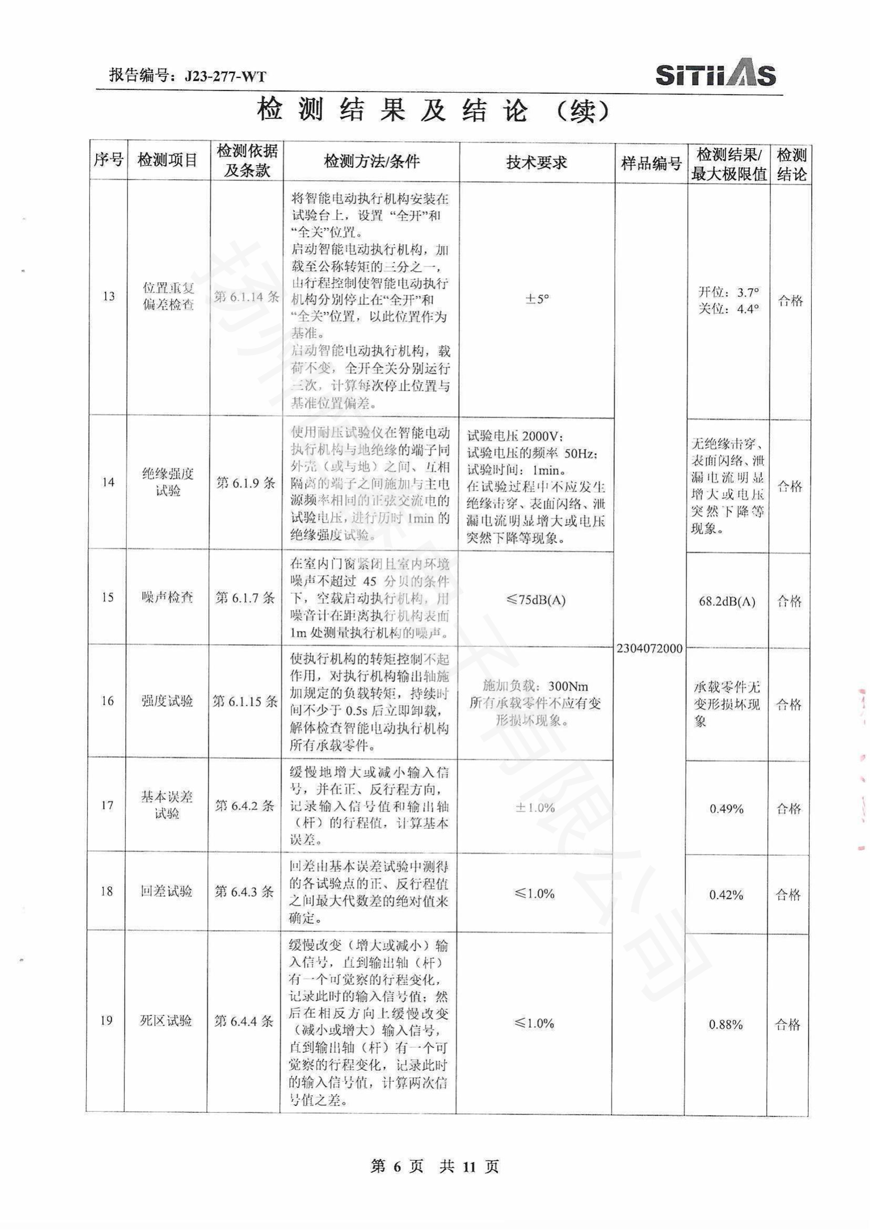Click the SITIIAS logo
coord(716,76)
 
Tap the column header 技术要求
coord(536,163)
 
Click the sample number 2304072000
coord(649,649)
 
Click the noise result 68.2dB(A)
coord(727,601)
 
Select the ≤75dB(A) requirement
coord(535,599)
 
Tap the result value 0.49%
coord(726,809)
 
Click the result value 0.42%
coord(726,894)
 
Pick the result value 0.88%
coord(725,1025)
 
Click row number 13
coord(109,296)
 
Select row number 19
coord(106,1021)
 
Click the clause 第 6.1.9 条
coord(246,483)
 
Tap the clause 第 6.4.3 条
coord(244,892)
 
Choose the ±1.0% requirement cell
coord(534,808)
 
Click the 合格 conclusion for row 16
coord(788,705)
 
